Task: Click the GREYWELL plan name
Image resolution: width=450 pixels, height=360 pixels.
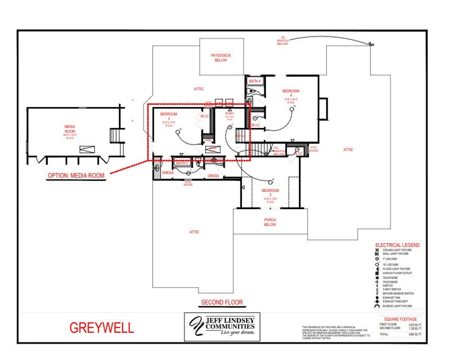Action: tap(102, 328)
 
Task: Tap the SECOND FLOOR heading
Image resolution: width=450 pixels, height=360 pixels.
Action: tap(222, 302)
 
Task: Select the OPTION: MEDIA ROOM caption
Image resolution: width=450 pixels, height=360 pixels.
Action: tap(76, 175)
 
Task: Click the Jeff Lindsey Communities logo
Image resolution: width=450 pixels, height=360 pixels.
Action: tap(222, 327)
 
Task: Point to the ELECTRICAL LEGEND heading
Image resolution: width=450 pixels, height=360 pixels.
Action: tap(397, 245)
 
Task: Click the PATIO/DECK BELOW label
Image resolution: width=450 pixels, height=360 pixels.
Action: tap(221, 58)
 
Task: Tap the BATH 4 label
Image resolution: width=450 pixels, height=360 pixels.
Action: tap(255, 81)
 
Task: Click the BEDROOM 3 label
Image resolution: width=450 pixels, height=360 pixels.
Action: tap(169, 116)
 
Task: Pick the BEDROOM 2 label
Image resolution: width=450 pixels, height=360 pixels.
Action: tap(270, 192)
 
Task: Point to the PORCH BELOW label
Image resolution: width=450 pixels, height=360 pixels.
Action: tap(270, 222)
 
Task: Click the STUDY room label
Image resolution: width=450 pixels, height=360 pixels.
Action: tap(230, 113)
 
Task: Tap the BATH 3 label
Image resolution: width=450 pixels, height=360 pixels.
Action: tap(182, 163)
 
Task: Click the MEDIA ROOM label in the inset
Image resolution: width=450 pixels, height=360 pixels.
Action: tap(70, 129)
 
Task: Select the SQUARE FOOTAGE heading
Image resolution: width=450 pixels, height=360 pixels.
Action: tap(400, 319)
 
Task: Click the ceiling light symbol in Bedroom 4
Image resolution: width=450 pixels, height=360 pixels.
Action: tap(291, 109)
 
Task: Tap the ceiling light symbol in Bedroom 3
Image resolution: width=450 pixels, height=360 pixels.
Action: tap(178, 132)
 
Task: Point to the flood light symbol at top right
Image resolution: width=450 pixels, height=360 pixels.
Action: tap(371, 44)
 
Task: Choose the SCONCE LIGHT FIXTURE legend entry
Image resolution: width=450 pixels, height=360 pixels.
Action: tap(397, 306)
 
